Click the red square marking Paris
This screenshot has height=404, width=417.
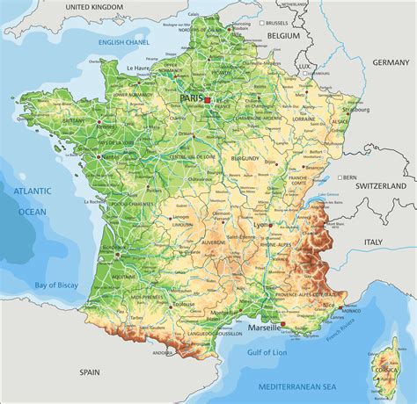tap(208, 100)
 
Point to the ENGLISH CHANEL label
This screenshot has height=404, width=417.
tap(125, 40)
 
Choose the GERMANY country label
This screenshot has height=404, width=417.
tap(390, 63)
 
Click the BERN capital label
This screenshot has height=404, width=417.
tap(350, 177)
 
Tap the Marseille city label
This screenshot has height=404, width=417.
tap(263, 327)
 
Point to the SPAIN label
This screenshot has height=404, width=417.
tap(89, 372)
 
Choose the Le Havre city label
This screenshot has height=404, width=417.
tap(138, 67)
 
